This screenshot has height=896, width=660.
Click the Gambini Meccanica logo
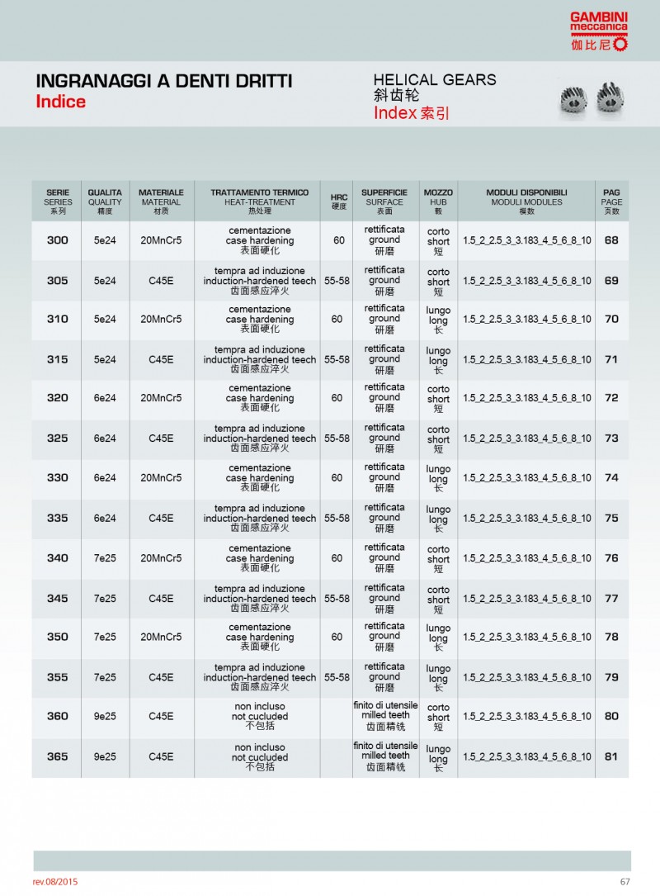(599, 32)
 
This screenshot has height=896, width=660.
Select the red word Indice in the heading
(60, 102)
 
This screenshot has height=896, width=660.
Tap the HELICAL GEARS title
(435, 79)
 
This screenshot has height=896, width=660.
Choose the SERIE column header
(58, 201)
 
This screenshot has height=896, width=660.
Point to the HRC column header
(338, 201)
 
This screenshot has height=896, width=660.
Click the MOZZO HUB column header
(438, 201)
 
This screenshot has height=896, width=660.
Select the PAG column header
(611, 201)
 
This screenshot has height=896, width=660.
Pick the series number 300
(58, 240)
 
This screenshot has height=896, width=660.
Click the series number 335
(58, 518)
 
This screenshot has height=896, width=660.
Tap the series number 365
(58, 756)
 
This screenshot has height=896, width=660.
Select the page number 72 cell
(611, 398)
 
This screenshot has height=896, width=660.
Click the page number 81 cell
(611, 756)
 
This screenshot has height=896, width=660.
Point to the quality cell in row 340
(105, 558)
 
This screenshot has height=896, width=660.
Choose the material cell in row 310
(161, 320)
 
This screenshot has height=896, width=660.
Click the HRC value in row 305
(337, 281)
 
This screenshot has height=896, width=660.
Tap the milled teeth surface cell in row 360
(385, 716)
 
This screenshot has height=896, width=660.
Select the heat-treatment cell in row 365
(260, 756)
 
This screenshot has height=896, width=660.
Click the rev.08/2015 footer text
(56, 882)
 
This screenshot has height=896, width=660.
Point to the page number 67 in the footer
(625, 882)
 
